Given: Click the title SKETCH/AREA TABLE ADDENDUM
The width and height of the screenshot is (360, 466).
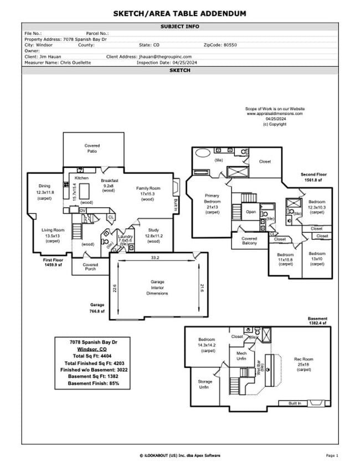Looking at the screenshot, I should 180,13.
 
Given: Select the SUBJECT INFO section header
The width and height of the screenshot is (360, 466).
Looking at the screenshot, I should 180,27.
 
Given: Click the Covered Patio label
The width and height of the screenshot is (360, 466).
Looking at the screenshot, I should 92,148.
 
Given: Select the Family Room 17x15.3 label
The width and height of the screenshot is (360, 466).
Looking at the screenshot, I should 148,193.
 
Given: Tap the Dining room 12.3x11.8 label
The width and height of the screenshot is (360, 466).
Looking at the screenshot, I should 44,192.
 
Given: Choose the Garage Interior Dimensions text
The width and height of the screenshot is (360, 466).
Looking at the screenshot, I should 157,288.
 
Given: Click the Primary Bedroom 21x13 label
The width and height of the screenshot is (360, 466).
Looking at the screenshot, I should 212,203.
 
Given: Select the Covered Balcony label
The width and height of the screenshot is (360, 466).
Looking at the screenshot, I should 249,241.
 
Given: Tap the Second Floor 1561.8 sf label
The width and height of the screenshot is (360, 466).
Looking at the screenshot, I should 313,177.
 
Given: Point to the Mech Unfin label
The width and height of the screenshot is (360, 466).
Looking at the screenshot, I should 241,356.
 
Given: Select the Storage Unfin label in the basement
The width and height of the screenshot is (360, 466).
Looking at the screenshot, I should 204,384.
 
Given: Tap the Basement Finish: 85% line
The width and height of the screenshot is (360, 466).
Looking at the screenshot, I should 93,383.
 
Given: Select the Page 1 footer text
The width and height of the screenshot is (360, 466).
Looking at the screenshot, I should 332,455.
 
